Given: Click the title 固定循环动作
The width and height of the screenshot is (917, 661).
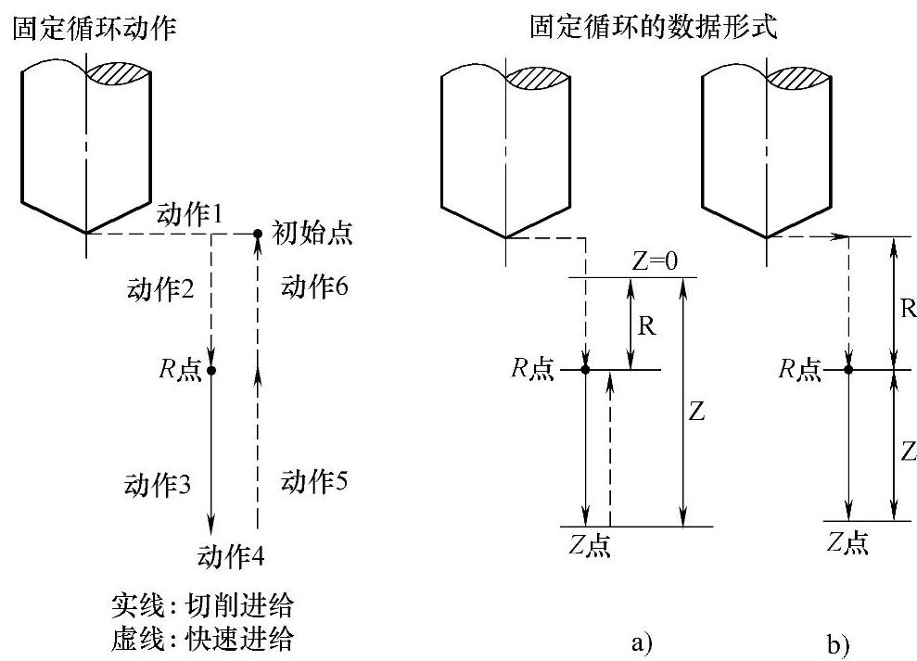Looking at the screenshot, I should click(93, 30).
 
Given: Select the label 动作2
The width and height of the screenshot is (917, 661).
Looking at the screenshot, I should click(159, 289).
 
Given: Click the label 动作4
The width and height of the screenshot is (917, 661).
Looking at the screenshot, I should click(232, 556).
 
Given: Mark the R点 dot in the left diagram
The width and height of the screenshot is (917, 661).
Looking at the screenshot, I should click(211, 371).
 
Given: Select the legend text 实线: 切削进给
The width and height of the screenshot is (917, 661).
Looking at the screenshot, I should click(202, 607).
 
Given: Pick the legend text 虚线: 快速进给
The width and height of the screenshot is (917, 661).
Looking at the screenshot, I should click(202, 639).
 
